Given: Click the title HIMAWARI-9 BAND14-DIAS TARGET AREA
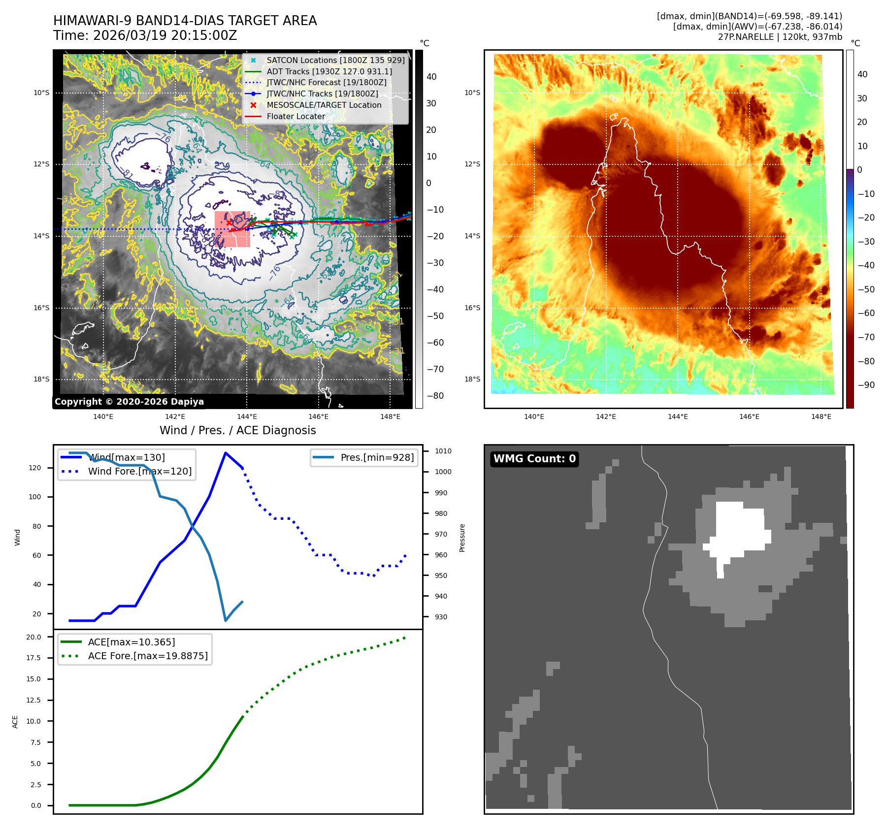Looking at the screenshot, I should pos(185,21).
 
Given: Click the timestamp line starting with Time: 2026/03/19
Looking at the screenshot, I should pos(145,35).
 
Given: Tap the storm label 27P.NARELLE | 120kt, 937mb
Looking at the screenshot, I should pos(780,37).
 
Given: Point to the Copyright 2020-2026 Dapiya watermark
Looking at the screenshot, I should pos(129,402).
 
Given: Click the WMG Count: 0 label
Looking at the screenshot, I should pos(534,459).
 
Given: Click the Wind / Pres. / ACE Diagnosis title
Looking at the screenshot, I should pos(237,430).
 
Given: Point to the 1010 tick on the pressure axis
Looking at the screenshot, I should pos(443,451).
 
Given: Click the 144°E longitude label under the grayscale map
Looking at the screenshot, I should pos(247,416).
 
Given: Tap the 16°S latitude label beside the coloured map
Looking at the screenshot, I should pos(472,308).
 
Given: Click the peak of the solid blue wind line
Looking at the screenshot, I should pos(226,453).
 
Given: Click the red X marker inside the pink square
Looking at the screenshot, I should pos(229,223).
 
